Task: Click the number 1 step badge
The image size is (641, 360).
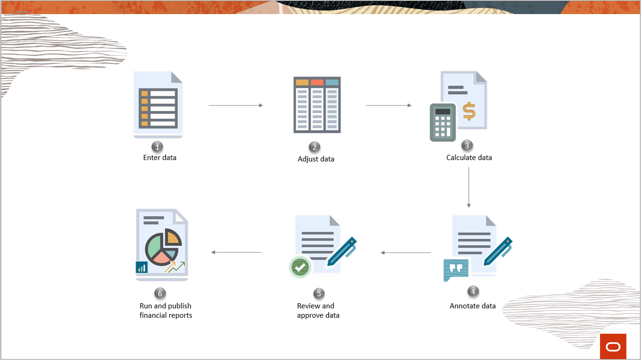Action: (158, 147)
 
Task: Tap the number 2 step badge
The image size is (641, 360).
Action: (315, 147)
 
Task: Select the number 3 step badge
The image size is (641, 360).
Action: (466, 146)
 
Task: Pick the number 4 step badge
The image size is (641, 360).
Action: (473, 291)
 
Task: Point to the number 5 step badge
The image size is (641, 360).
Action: (319, 293)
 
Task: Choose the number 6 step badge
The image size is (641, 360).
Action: (160, 293)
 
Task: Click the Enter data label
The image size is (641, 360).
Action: (160, 158)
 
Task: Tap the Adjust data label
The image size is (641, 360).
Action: (316, 159)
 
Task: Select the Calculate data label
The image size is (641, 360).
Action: (469, 158)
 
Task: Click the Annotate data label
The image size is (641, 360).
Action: (473, 306)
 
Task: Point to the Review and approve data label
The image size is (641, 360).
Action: (318, 311)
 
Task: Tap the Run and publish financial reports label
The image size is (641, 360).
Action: (166, 311)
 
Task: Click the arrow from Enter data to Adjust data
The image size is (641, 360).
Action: (236, 106)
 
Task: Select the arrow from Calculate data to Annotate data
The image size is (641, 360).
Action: (468, 187)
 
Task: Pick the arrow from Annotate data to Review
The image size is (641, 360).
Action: (405, 253)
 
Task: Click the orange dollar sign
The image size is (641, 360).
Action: (469, 111)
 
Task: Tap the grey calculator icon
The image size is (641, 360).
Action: (443, 122)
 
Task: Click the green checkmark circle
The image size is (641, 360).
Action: (300, 267)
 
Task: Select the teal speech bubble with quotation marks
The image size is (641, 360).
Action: (456, 269)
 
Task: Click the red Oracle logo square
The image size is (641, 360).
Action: (613, 346)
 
